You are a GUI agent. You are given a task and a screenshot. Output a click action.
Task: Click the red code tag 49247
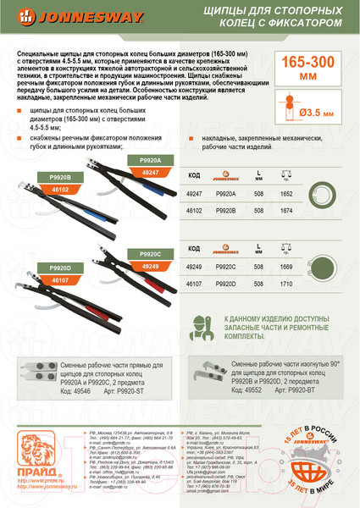pyautogui.click(x=150, y=172)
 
